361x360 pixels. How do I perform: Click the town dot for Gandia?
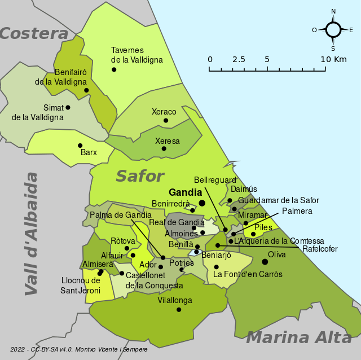pos(202,204)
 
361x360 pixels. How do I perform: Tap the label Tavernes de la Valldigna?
pos(137,55)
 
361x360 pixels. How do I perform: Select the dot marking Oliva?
pos(265,261)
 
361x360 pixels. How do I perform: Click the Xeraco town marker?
pos(166,120)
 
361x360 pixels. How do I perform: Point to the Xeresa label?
pos(168,141)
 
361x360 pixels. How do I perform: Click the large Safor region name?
pos(140,176)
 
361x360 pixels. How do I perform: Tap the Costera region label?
pos(34,34)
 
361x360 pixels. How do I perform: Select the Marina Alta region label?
pos(299,337)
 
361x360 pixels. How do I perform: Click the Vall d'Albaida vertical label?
pos(32,234)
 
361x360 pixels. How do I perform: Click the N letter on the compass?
pos(333,11)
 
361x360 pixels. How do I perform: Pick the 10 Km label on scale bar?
pos(333,59)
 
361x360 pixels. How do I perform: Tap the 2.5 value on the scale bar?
pos(239,59)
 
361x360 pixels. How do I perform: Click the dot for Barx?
pos(80,145)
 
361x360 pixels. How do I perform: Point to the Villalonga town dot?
pos(179,309)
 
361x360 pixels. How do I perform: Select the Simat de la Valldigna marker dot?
pos(68,107)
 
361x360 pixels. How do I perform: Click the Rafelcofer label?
pos(320,249)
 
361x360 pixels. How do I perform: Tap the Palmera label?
pos(297,211)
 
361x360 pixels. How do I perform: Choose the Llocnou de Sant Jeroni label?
pos(80,286)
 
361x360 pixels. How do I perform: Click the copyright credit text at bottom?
pos(79,350)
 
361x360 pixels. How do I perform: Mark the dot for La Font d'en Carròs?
pos(216,267)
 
